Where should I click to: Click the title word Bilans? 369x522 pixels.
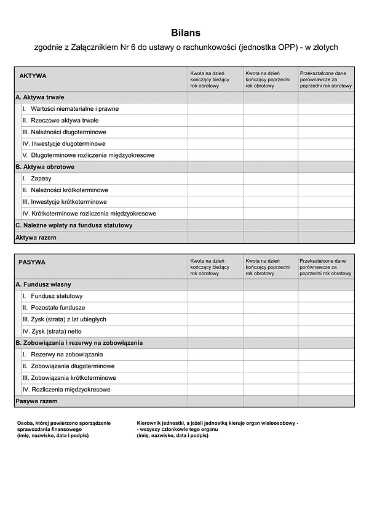(x=186, y=33)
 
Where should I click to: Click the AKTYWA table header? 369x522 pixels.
(x=33, y=76)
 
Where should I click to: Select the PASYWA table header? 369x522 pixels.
(x=32, y=262)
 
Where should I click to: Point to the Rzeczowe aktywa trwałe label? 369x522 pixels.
(x=64, y=121)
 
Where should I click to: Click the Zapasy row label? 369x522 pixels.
(x=41, y=179)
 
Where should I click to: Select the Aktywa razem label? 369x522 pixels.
(x=36, y=238)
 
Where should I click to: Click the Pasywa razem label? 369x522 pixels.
(x=36, y=401)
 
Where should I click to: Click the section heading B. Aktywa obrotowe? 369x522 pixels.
(x=45, y=167)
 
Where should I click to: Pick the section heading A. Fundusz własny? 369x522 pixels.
(x=43, y=284)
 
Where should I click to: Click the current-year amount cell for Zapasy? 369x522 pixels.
(x=215, y=179)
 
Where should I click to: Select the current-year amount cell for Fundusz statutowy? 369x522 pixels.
(x=215, y=296)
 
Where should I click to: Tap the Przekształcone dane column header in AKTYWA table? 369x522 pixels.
(x=326, y=79)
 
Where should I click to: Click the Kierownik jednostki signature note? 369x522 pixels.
(x=217, y=429)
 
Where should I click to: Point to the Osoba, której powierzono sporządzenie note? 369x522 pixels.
(x=64, y=429)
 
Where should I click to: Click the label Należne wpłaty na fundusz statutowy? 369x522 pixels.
(x=74, y=225)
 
